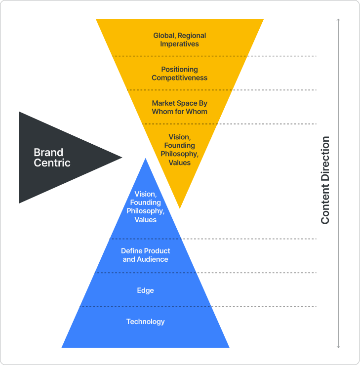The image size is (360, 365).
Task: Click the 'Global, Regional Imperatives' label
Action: point(179,40)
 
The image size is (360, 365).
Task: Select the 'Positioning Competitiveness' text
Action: point(179,74)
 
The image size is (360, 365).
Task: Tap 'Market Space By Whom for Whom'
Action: point(179,107)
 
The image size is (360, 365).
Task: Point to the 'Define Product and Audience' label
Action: point(146,255)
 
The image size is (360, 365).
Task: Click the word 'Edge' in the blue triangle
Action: point(146,290)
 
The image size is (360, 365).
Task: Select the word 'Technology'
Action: point(146,322)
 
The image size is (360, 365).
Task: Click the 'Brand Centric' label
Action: point(52,158)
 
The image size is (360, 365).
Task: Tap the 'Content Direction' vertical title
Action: point(325,180)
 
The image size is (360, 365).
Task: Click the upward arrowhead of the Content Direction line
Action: point(339,20)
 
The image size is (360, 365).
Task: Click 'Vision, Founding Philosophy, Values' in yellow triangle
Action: point(179,150)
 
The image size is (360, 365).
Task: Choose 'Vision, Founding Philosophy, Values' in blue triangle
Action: point(146,207)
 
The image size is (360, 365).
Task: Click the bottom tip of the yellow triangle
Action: point(180,208)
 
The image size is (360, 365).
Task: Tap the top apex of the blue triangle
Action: point(146,159)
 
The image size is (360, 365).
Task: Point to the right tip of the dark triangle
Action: point(122,158)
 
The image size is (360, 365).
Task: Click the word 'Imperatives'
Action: point(179,44)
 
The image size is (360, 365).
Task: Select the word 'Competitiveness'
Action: point(179,78)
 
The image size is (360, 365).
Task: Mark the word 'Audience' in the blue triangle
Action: point(153,259)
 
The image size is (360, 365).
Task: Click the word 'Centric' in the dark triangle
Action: point(52,163)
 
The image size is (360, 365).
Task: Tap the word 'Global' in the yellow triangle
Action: point(164,36)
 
